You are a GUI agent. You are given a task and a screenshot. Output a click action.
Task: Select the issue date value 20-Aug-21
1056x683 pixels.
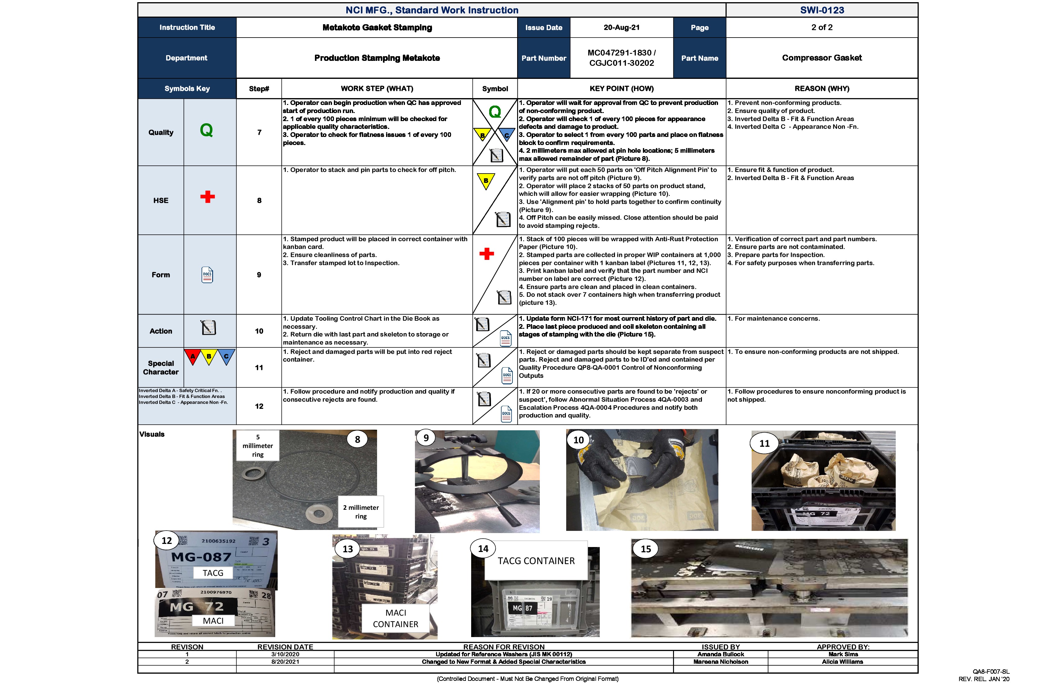[621, 28]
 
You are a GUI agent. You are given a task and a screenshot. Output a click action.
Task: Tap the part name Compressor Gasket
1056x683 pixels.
[822, 58]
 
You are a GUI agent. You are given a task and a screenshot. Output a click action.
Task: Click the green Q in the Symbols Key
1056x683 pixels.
[206, 130]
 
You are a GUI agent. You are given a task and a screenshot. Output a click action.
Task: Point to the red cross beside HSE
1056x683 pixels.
[207, 197]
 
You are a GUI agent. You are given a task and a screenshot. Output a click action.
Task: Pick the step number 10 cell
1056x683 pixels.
[259, 331]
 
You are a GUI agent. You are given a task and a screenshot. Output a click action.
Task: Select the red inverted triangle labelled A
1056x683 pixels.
[193, 356]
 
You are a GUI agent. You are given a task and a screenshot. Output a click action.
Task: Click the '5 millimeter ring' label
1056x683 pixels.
[258, 446]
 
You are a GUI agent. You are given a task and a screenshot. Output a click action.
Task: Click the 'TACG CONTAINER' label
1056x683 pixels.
[536, 561]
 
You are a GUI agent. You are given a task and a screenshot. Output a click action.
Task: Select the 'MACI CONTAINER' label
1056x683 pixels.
[395, 618]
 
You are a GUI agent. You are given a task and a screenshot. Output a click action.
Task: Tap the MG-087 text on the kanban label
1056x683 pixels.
[202, 557]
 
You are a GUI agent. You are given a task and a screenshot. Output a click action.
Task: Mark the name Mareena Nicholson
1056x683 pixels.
[721, 662]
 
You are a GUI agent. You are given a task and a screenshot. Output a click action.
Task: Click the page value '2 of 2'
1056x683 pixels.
[822, 28]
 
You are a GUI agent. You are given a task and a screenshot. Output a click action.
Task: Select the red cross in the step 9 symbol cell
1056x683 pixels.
[487, 254]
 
